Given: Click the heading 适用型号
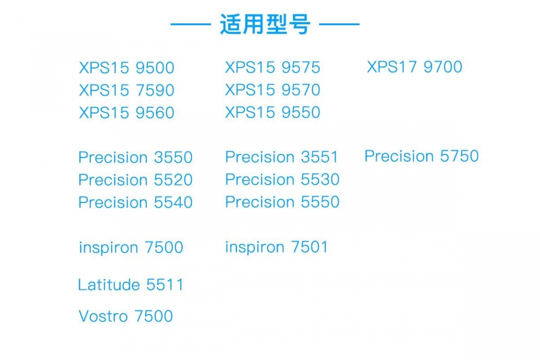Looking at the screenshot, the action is click(x=265, y=24).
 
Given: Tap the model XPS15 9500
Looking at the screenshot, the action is click(x=127, y=68).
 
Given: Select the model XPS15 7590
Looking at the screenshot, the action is click(x=127, y=90).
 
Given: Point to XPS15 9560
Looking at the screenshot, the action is click(x=127, y=113).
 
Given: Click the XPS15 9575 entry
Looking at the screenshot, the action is click(x=272, y=67).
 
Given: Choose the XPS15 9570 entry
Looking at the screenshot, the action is click(x=272, y=90).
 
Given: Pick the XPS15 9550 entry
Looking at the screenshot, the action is click(x=272, y=112).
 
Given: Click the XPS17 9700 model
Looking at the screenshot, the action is click(x=414, y=67).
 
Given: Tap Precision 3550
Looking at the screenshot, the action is click(x=135, y=157).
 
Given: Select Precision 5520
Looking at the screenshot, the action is click(x=135, y=180).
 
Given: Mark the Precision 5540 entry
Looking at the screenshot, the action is click(x=135, y=202).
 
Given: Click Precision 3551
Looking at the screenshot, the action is click(x=282, y=157).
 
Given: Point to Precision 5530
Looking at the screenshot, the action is click(x=282, y=180).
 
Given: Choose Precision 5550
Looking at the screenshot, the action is click(x=282, y=202).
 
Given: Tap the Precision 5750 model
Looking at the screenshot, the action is click(x=421, y=156).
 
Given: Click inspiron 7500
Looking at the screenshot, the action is click(x=131, y=247).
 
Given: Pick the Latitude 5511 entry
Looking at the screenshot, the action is click(x=131, y=285).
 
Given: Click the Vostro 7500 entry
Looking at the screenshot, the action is click(x=126, y=316).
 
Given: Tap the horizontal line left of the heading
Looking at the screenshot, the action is click(x=190, y=24).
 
